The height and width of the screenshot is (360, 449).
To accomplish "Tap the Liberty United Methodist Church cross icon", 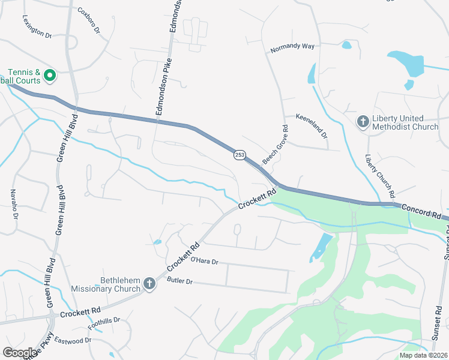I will coord(363,122).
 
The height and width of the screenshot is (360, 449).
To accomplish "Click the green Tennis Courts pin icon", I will coord(50,76).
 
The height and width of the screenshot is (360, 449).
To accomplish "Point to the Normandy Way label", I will coord(292,49).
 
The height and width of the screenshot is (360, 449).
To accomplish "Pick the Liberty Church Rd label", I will coord(381,176).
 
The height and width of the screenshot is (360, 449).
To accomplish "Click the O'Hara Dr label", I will coord(204,261).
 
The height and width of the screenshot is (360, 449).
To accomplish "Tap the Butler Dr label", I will coord(179,281).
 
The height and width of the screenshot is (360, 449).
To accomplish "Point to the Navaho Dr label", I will coord(13,204).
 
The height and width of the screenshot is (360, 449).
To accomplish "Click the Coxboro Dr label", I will coord(89,20).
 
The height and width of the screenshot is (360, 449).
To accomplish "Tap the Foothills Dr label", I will coord(104,325).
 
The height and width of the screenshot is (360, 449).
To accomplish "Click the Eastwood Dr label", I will coord(72,340).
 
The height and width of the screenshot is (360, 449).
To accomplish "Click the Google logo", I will coord(19,352).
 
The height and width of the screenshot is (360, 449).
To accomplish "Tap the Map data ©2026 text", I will coord(423,355).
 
